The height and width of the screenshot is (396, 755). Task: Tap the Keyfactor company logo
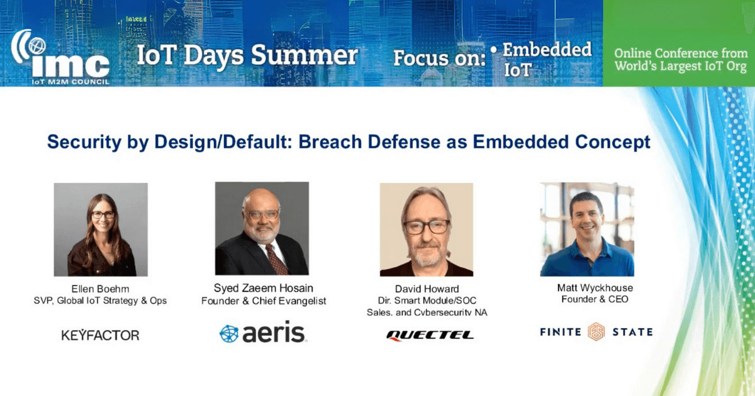(x=100, y=335)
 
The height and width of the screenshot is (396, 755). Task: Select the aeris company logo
(x=263, y=333)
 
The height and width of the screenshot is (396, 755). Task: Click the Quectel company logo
(x=430, y=335)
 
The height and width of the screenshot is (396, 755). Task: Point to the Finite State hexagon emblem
(x=596, y=332)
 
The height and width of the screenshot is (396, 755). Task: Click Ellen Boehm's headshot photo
(x=101, y=229)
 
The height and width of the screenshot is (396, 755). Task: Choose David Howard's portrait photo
(x=427, y=229)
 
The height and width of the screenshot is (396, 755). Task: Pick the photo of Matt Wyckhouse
(x=587, y=229)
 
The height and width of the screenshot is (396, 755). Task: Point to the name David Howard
(x=427, y=289)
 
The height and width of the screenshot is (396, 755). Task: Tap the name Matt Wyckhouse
(x=595, y=288)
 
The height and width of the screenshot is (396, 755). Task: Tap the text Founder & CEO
(x=595, y=299)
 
